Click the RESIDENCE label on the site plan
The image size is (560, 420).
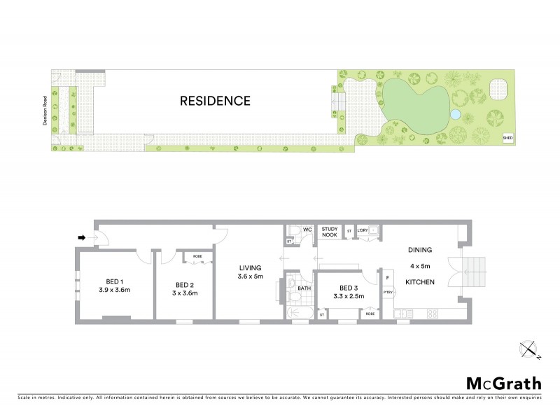tap(215, 101)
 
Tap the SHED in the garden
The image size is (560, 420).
tap(507, 138)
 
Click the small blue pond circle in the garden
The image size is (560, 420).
tap(455, 114)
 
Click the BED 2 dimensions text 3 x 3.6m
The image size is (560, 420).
tap(184, 293)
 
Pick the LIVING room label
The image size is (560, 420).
tap(250, 267)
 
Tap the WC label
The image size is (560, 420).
tap(307, 229)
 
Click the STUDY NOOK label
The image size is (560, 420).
tap(329, 232)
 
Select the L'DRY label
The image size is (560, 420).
tap(362, 230)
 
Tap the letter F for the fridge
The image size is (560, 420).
tap(387, 276)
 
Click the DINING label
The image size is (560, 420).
tap(421, 250)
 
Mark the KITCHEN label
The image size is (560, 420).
tap(420, 281)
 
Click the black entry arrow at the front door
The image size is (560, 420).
tap(81, 238)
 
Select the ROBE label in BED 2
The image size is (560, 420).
tap(197, 257)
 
